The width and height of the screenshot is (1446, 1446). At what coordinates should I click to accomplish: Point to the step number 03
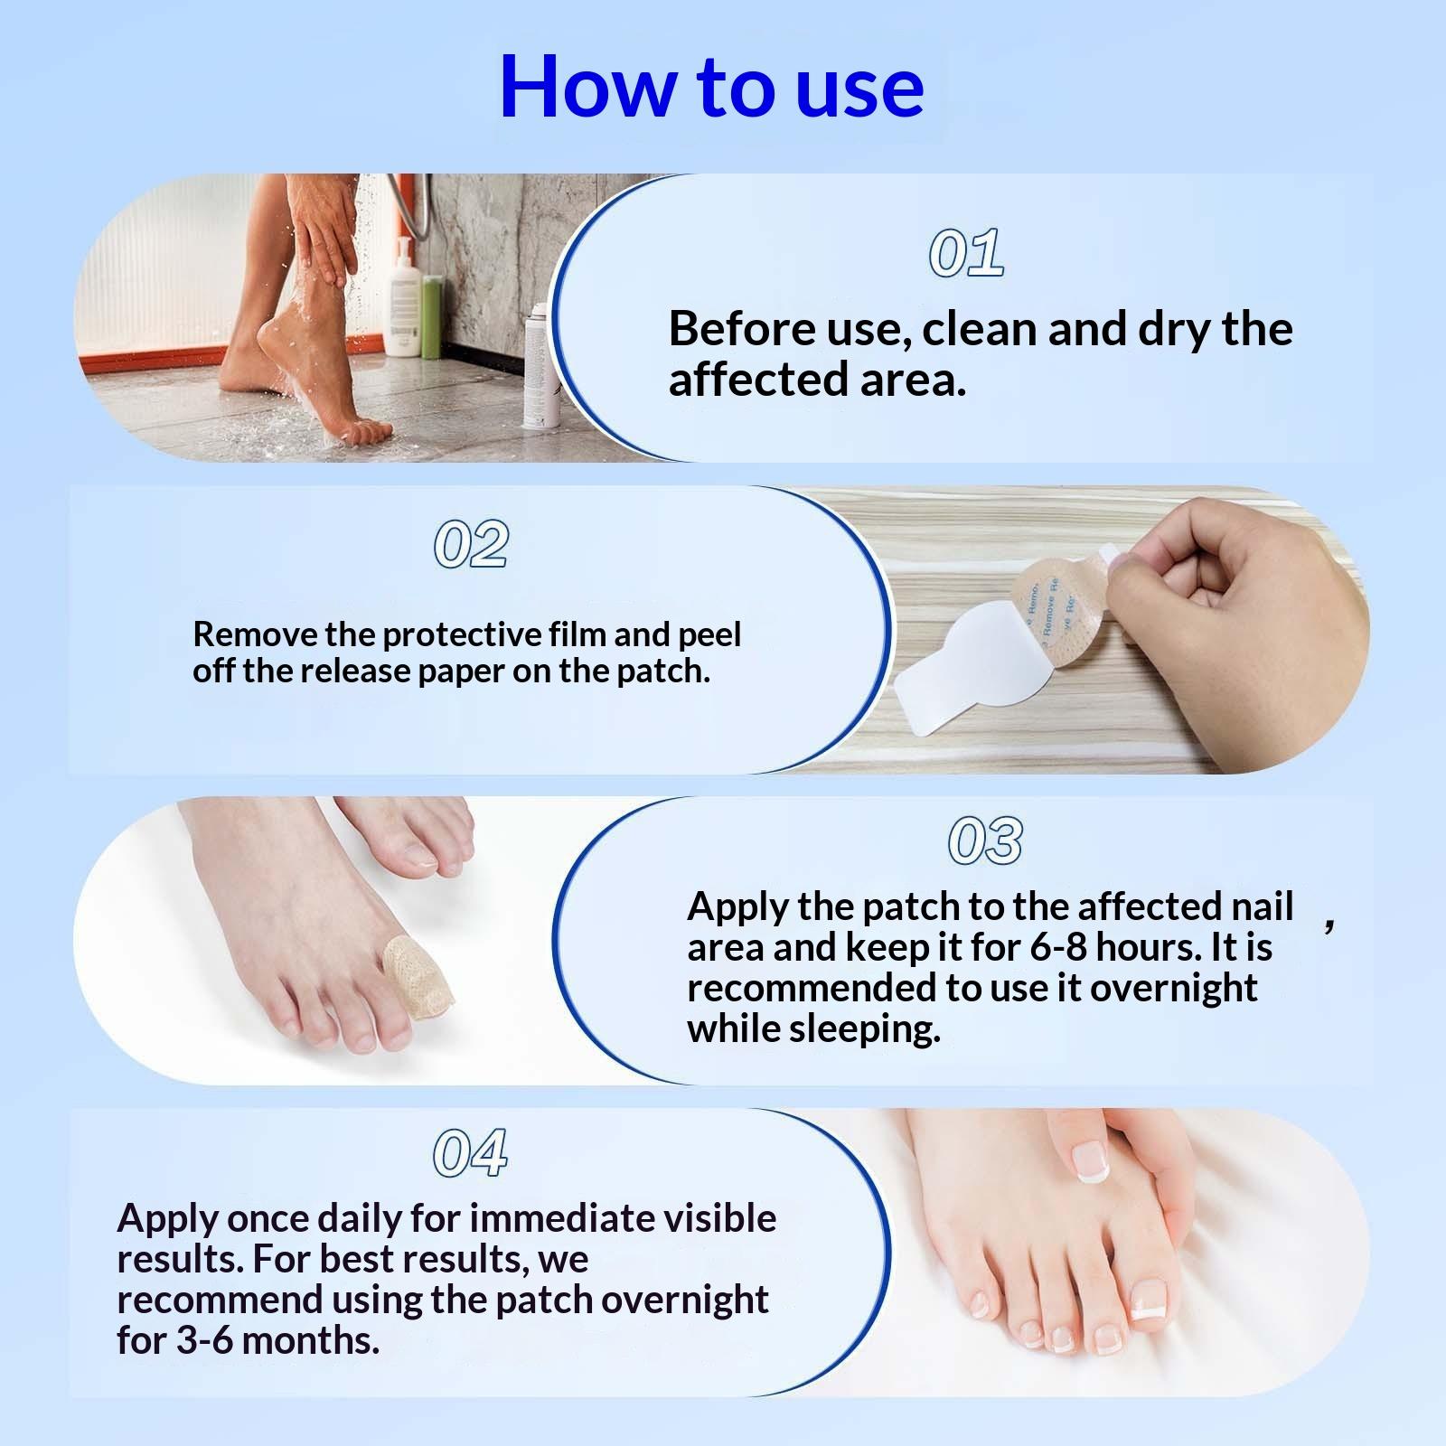(985, 840)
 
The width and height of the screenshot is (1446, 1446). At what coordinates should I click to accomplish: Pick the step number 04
(470, 1153)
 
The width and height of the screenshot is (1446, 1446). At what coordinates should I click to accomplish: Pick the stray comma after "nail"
(1329, 925)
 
